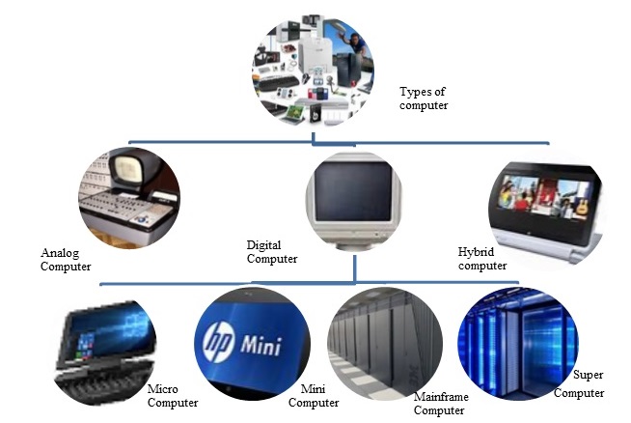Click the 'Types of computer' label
pos(424,99)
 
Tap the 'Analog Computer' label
pos(66,260)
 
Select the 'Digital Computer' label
pos(273,252)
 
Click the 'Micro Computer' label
pos(173,396)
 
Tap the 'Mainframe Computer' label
pos(439,404)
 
